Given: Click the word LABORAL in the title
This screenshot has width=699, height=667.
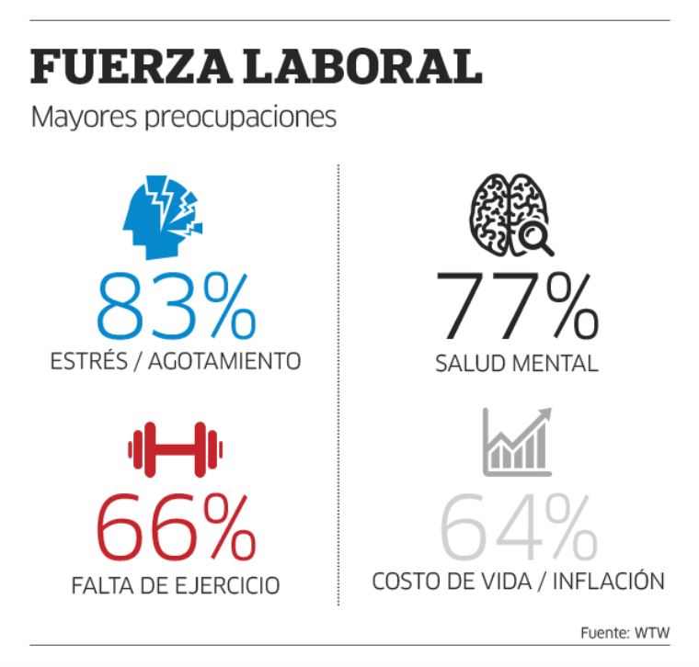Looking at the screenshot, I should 354,67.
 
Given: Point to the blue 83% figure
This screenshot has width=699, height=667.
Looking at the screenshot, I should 175,305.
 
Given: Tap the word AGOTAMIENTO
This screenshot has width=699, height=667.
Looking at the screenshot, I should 228,361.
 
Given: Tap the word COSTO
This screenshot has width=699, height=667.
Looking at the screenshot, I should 406,582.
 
